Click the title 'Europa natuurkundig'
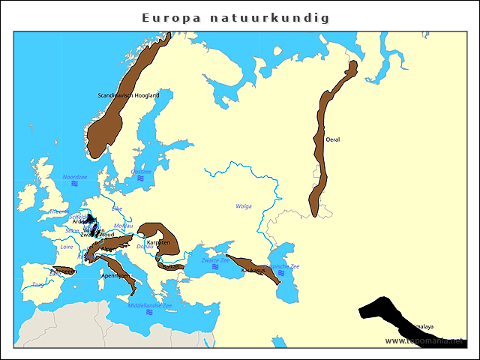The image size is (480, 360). (x=235, y=17)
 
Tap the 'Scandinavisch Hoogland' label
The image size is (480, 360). (x=128, y=95)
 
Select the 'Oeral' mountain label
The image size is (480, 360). (x=333, y=139)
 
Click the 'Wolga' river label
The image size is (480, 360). (x=244, y=206)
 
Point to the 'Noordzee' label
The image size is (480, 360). (x=75, y=177)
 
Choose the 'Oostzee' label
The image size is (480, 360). (x=141, y=171)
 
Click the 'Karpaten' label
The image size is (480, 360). (x=158, y=243)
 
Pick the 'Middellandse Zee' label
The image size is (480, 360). (x=150, y=305)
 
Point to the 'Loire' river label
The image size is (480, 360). (x=67, y=246)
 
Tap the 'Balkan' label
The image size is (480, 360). (x=172, y=265)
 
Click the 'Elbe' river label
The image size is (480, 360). (x=117, y=209)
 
